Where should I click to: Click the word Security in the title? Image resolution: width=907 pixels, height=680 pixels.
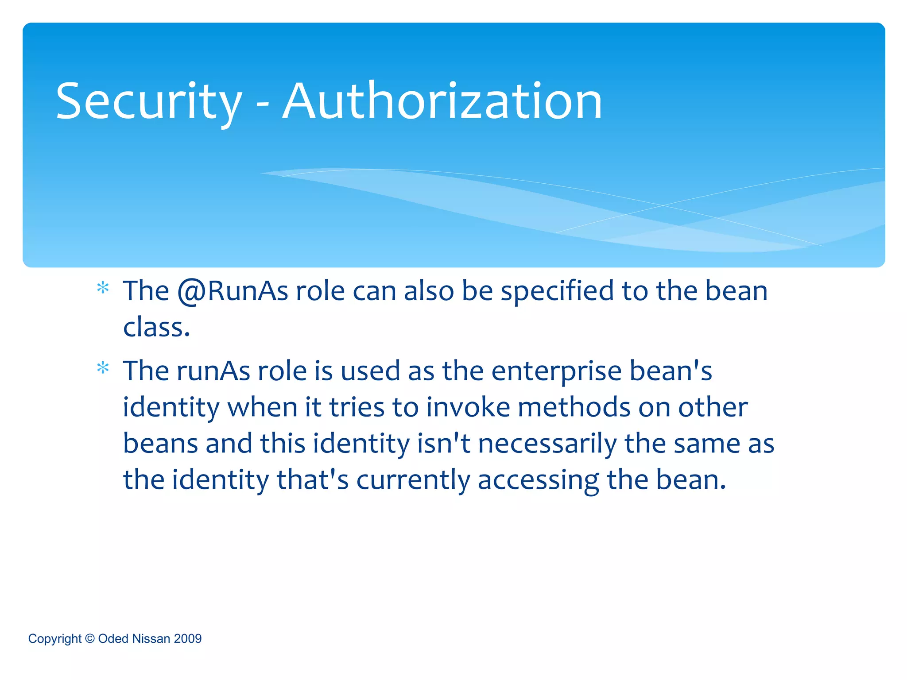[149, 102]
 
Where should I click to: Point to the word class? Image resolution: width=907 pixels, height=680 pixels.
[156, 328]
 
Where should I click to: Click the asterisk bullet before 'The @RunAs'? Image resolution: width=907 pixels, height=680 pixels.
[103, 289]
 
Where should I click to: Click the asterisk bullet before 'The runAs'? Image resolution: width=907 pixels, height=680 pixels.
[103, 368]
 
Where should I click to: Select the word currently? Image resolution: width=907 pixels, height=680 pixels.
[413, 480]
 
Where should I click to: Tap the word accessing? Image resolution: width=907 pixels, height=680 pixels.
[538, 480]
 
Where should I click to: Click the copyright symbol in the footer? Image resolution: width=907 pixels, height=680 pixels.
[89, 638]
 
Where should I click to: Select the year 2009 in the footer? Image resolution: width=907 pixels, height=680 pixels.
[188, 638]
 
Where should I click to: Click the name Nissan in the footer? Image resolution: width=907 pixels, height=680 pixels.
[151, 638]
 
